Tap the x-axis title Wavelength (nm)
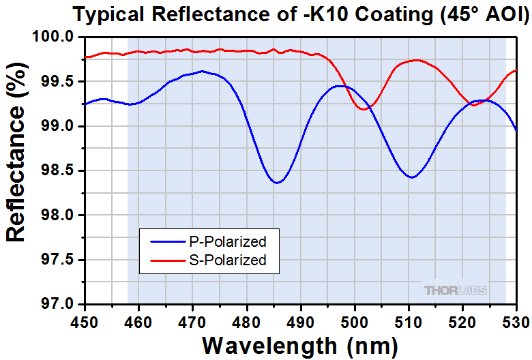point(300,344)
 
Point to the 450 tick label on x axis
point(85,319)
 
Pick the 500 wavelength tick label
point(354,319)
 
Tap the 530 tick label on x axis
point(516,319)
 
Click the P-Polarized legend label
point(226,241)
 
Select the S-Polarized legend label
point(226,259)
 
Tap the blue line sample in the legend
point(162,241)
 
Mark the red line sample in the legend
point(162,259)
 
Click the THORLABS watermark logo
point(456,290)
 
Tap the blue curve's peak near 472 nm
point(201,71)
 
